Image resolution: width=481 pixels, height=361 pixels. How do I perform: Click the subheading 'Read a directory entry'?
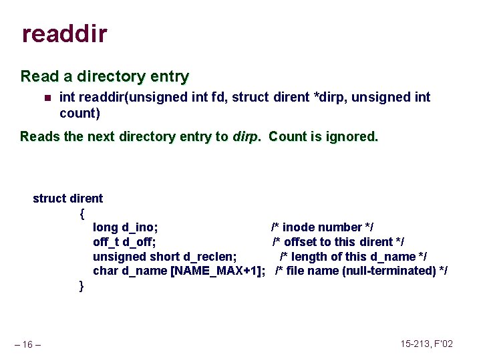tap(105, 76)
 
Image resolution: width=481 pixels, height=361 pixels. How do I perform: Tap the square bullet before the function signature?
tap(47, 98)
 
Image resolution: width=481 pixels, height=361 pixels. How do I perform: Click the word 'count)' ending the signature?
tap(79, 113)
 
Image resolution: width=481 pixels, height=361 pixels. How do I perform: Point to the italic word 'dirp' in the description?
tap(247, 136)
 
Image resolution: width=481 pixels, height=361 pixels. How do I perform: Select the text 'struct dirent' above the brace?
tap(67, 198)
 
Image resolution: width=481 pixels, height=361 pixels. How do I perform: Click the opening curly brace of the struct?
tap(82, 213)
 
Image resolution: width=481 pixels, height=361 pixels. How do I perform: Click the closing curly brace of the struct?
tap(82, 285)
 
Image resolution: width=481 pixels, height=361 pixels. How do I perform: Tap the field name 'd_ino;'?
tap(140, 227)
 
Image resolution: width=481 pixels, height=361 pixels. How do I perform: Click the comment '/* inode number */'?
tap(321, 227)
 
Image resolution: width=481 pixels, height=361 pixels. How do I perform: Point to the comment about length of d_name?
tap(353, 257)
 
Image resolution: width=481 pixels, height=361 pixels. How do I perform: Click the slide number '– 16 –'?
tap(28, 344)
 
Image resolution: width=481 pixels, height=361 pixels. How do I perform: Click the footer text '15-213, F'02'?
tap(426, 344)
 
